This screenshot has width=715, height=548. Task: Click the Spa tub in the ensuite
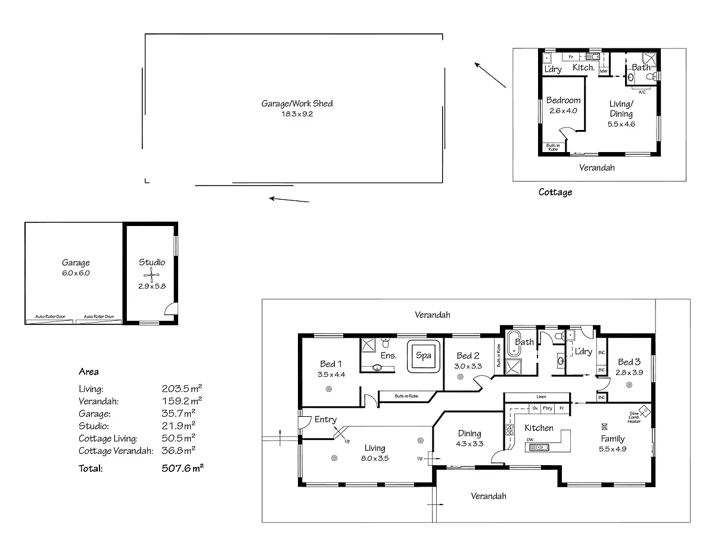click(x=423, y=356)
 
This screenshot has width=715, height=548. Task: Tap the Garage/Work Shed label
click(x=297, y=103)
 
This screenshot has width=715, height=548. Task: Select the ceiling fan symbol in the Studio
click(x=152, y=275)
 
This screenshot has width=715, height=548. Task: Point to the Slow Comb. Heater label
click(x=633, y=417)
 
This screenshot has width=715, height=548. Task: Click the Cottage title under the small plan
click(x=555, y=192)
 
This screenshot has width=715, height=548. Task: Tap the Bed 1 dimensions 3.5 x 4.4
click(x=331, y=374)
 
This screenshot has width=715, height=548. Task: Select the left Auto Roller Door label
click(x=50, y=317)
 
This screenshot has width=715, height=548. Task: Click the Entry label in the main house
click(x=325, y=420)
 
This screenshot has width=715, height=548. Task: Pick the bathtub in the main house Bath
click(x=512, y=344)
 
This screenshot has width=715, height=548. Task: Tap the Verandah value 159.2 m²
click(x=181, y=401)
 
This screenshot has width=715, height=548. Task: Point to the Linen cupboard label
click(x=540, y=397)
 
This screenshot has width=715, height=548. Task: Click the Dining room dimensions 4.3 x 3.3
click(x=470, y=444)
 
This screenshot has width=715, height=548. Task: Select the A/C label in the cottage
click(x=642, y=92)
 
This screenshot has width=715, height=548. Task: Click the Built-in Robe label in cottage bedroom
click(x=553, y=147)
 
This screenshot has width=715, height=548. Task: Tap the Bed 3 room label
click(x=629, y=362)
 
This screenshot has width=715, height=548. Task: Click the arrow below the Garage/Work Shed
click(x=289, y=200)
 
